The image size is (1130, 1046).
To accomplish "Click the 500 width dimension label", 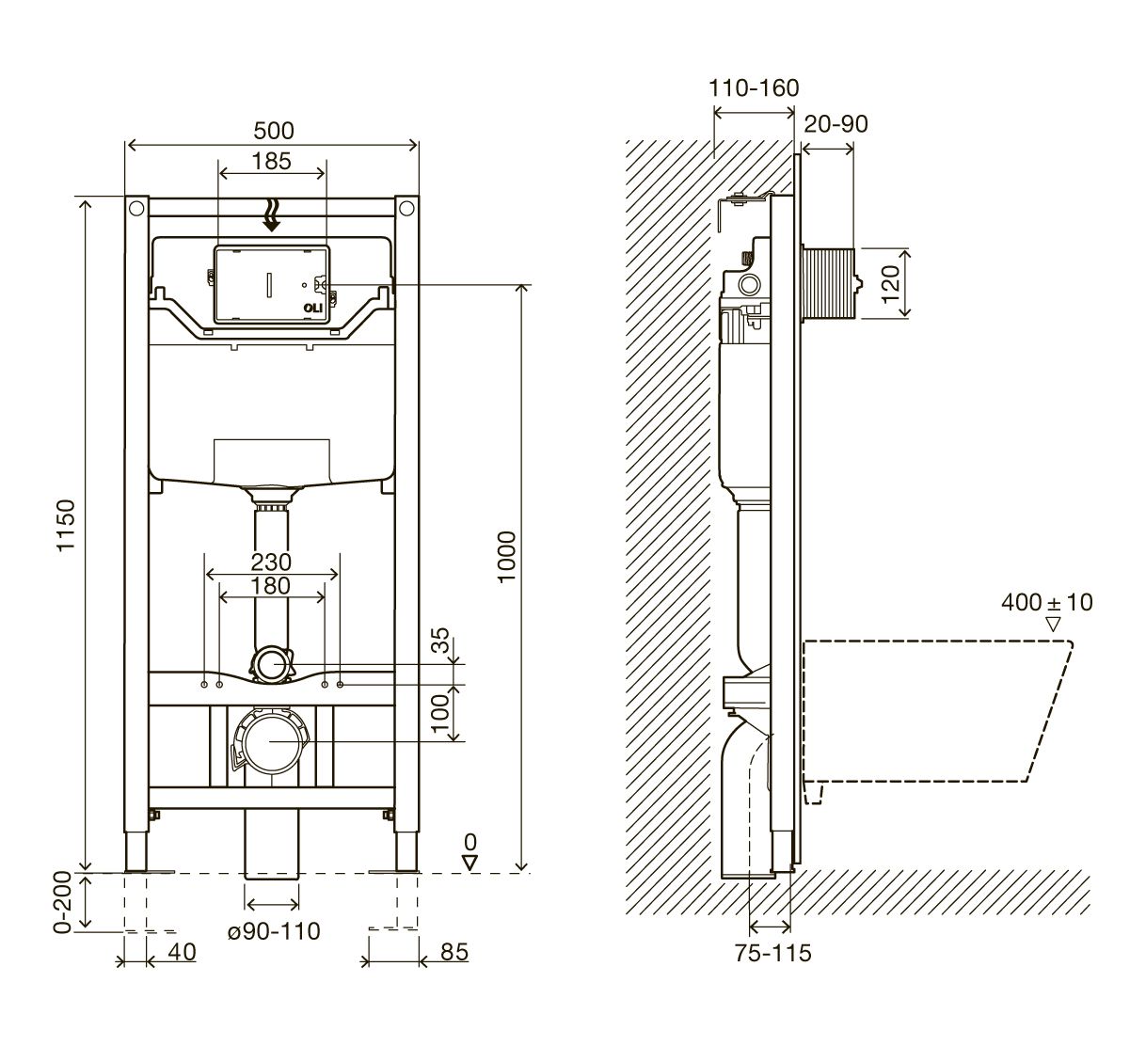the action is [274, 131].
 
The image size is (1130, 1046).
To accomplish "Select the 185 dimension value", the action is [271, 161].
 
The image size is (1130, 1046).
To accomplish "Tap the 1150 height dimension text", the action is [67, 525].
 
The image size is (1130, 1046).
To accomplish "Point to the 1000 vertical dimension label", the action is [506, 557].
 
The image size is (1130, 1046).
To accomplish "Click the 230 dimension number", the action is [271, 563].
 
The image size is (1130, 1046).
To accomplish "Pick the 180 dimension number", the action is [271, 586].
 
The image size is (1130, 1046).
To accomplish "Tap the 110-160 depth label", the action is [754, 87].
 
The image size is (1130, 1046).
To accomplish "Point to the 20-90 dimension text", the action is [836, 124].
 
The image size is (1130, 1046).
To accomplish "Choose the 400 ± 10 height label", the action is [1047, 602].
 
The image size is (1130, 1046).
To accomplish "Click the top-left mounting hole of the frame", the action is [136, 208].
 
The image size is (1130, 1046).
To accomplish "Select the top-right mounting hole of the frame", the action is [406, 208].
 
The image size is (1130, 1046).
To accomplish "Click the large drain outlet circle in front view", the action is [271, 742].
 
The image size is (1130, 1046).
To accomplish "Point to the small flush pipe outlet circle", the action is [272, 664].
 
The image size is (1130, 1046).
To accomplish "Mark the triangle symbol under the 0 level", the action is [470, 863].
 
